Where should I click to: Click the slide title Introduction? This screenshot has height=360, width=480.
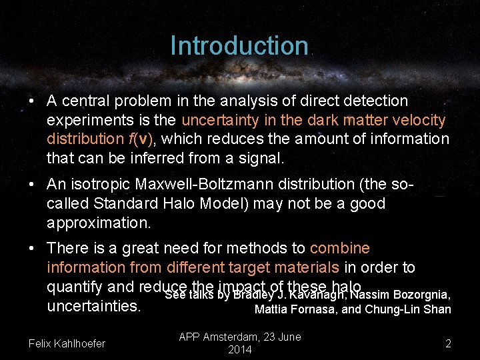tap(239, 46)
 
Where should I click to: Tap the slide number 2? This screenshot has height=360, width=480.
tap(448, 343)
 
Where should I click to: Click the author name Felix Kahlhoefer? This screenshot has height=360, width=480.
tap(67, 343)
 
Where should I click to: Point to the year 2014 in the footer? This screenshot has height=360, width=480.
tap(240, 350)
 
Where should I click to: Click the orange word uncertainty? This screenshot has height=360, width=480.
tap(220, 120)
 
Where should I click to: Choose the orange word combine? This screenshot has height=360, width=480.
tap(339, 248)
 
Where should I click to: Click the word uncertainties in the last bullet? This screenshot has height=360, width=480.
tap(93, 306)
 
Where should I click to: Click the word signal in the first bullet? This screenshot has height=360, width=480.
tap(261, 159)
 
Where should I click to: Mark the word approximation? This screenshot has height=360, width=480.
tap(93, 222)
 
